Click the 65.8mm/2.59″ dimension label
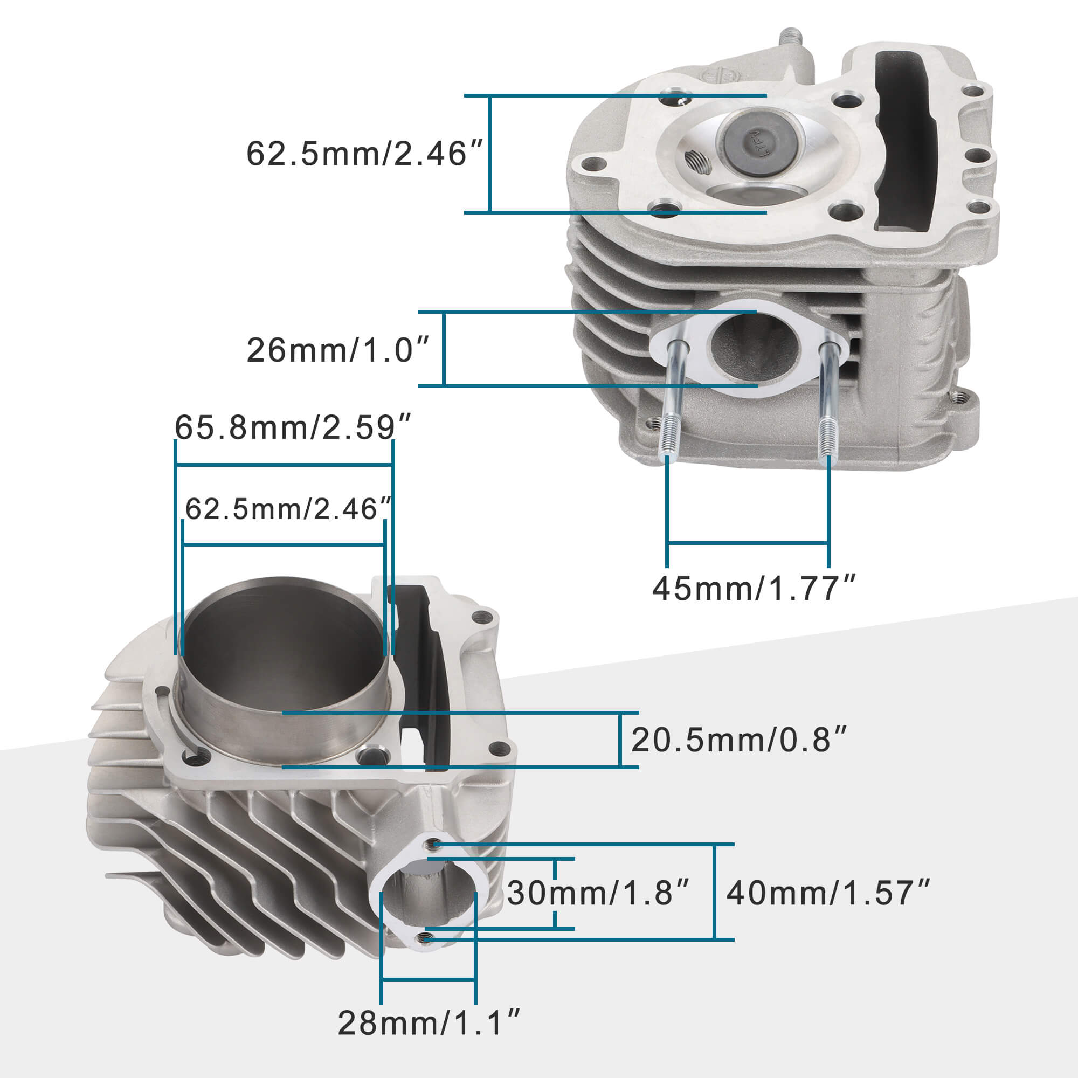(292, 428)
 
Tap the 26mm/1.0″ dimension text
(338, 350)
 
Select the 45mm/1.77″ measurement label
(754, 588)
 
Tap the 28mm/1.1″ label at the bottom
(429, 1023)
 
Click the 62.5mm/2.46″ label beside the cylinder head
(364, 154)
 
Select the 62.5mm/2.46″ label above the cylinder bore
(288, 509)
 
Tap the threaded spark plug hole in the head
(698, 162)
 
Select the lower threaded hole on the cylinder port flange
(426, 938)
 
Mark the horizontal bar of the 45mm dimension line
(748, 542)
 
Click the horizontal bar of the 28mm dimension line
(428, 979)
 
